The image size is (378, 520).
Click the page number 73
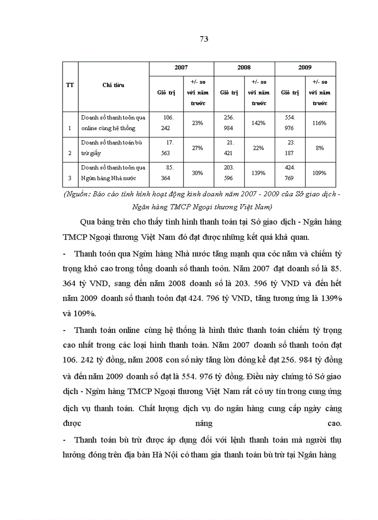[x=204, y=39]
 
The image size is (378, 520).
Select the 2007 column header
[x=181, y=68]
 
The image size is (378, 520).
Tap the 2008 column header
[x=244, y=68]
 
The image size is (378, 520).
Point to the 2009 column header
[x=305, y=68]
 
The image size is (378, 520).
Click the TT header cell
[x=70, y=85]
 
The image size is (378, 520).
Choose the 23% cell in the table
[x=198, y=123]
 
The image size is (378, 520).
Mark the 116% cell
[x=319, y=123]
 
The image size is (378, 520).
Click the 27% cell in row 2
[x=198, y=148]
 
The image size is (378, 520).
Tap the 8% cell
[x=319, y=148]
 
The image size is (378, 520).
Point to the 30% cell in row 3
[x=198, y=173]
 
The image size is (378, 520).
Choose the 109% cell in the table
[x=319, y=173]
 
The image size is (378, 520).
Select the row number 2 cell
[x=70, y=153]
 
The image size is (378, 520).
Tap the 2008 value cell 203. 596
[x=229, y=173]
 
